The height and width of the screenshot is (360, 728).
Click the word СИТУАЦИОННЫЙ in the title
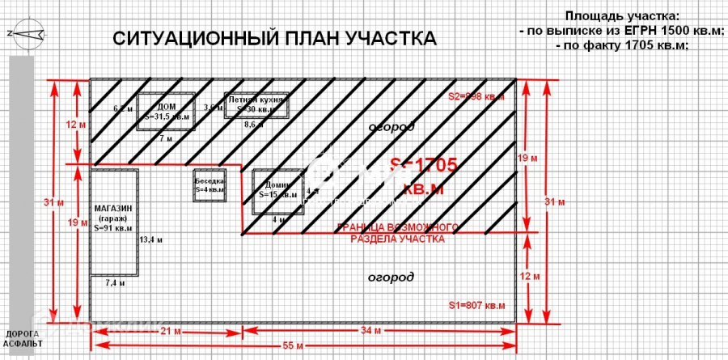tap(188, 40)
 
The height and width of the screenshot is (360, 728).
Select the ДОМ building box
tap(166, 112)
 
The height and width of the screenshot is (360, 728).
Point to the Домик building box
tap(277, 190)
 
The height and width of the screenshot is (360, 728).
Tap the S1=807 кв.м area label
tap(476, 305)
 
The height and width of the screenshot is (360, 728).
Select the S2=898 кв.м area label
tap(476, 96)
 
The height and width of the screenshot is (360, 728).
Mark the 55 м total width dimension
tap(293, 345)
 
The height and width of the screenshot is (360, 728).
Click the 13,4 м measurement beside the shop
tap(151, 239)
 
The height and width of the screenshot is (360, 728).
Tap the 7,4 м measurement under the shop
tap(116, 283)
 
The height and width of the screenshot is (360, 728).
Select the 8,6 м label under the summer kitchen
tap(254, 125)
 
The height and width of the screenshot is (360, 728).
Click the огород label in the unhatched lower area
tap(391, 277)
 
